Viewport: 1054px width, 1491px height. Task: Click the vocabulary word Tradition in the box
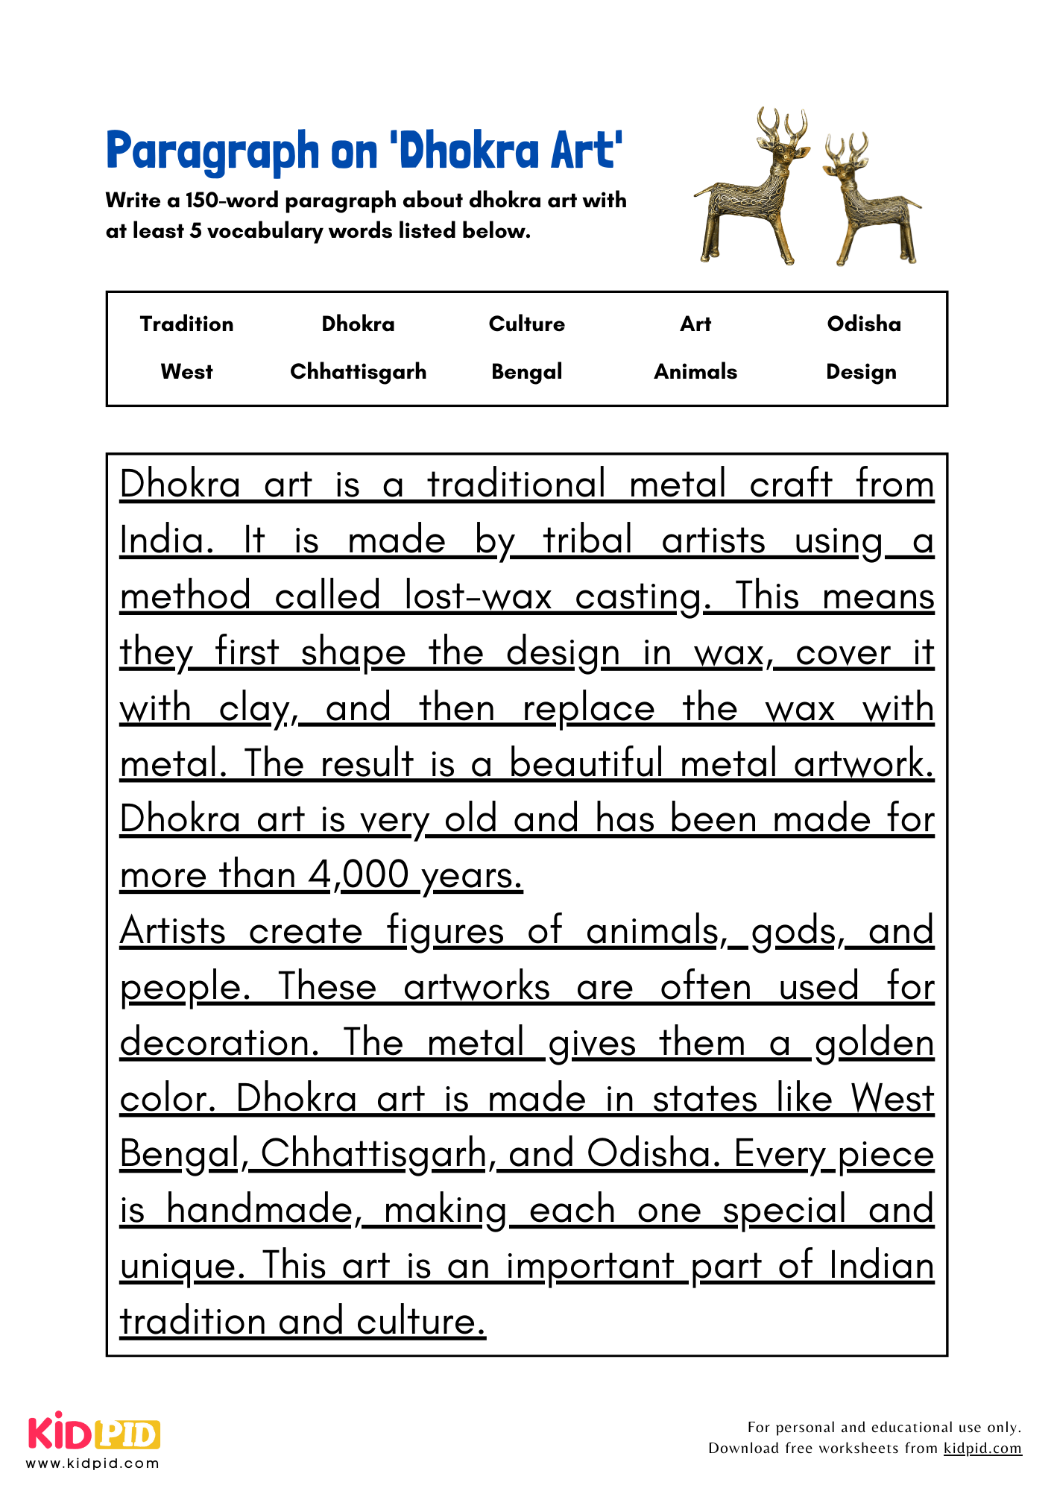[186, 324]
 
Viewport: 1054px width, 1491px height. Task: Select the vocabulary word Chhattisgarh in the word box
[358, 371]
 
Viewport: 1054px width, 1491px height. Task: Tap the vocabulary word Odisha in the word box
[863, 324]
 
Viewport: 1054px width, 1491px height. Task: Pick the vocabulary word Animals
[695, 371]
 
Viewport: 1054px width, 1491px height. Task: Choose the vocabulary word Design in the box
[861, 371]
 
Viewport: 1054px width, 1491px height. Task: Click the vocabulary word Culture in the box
[526, 324]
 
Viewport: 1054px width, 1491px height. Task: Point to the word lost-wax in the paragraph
[478, 596]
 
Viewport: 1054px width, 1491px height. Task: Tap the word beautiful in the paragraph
[586, 763]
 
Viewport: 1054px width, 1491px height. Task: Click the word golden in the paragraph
[874, 1043]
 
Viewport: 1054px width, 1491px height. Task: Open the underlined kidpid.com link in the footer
[982, 1448]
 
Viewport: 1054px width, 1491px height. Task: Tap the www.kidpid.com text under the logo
[93, 1463]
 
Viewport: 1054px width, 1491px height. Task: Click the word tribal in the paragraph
[587, 540]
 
